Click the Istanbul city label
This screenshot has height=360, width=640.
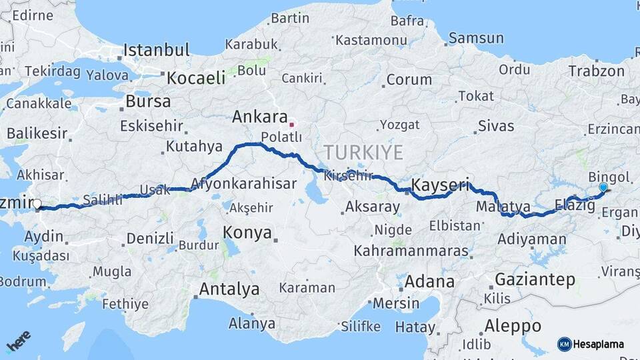point(157,50)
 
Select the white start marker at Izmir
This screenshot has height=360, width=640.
point(37,205)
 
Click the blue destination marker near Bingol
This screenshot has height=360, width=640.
point(603,189)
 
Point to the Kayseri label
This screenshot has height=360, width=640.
point(441,184)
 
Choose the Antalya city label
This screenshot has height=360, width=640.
point(229,289)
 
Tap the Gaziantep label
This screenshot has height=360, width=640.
point(535,279)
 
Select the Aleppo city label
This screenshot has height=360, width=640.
point(512,326)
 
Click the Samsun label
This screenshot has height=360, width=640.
point(475,38)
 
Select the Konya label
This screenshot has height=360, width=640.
point(247,233)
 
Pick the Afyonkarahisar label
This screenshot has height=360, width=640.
point(243,183)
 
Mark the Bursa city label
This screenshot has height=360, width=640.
point(147,102)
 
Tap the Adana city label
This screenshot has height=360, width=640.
point(429,281)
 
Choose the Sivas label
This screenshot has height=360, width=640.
point(496,125)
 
